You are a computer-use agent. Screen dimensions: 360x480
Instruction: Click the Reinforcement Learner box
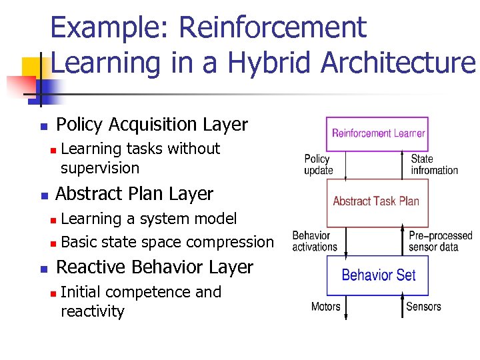click(x=377, y=133)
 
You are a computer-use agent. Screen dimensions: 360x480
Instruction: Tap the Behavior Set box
click(x=377, y=275)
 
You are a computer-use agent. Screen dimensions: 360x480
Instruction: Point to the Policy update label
click(x=318, y=164)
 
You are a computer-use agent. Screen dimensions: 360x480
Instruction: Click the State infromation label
click(x=434, y=164)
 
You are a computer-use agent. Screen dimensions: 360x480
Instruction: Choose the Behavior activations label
click(x=314, y=241)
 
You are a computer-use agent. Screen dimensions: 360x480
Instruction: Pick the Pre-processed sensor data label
click(x=440, y=241)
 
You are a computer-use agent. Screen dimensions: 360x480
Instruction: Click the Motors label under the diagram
click(x=325, y=307)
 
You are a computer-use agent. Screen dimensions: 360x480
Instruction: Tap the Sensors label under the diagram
click(x=423, y=307)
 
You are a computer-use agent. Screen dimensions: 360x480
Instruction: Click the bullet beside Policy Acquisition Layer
click(x=43, y=127)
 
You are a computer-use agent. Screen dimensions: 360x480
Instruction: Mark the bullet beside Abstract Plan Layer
click(x=43, y=196)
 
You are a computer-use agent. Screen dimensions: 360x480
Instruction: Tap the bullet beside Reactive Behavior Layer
click(x=43, y=269)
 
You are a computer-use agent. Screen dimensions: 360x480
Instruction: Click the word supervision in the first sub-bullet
click(x=100, y=168)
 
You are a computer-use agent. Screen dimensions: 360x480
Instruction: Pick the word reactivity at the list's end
click(x=93, y=311)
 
